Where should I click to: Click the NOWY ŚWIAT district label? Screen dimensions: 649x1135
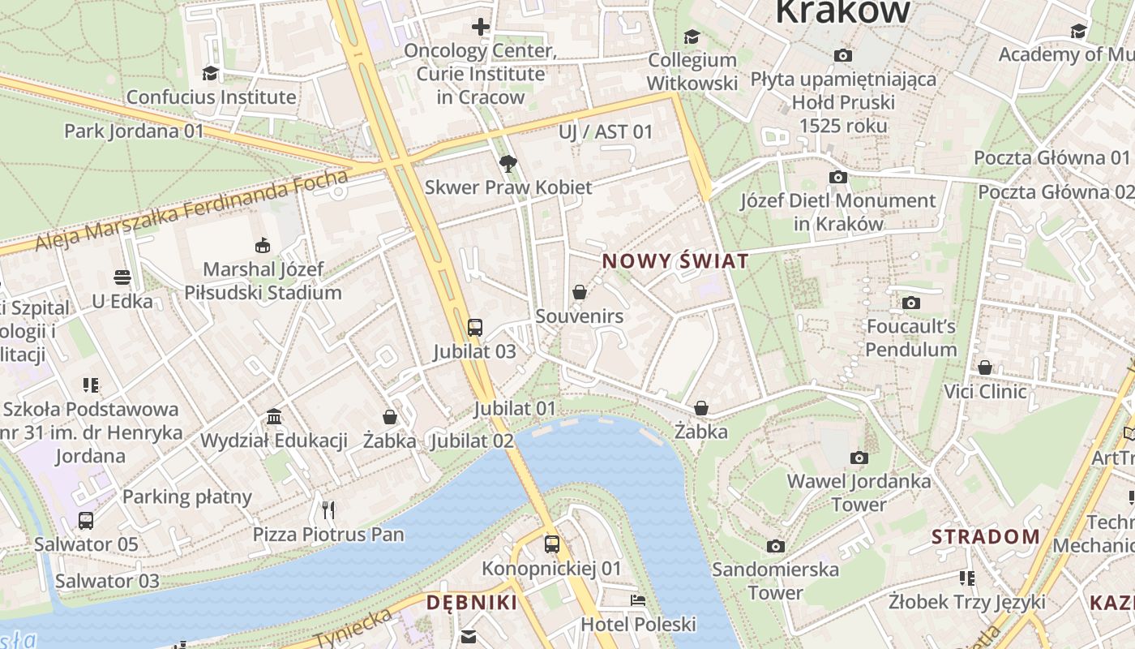tap(675, 261)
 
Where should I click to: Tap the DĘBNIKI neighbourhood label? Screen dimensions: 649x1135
tap(472, 602)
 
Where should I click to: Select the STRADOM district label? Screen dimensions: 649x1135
tap(985, 536)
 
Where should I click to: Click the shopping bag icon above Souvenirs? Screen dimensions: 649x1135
tap(580, 292)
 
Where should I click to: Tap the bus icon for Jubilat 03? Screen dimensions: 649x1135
tap(475, 328)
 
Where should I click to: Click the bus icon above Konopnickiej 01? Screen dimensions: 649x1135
tap(552, 544)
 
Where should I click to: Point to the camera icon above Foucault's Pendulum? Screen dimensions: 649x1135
tap(911, 303)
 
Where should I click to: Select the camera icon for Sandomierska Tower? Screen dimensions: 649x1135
tap(776, 546)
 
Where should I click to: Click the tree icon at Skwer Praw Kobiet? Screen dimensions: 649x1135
tap(508, 164)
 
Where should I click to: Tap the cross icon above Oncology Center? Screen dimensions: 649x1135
tap(481, 27)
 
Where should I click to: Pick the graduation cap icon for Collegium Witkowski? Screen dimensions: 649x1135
tap(692, 37)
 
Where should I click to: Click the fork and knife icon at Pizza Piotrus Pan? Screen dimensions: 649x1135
tap(328, 510)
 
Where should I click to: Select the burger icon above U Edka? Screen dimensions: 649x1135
tap(122, 277)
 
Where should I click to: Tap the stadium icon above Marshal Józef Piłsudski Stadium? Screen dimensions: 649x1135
tap(263, 245)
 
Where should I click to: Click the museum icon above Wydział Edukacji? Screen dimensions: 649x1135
tap(274, 417)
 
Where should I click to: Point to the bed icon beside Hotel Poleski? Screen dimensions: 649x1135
tap(639, 601)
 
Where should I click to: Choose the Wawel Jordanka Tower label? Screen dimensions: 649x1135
tap(859, 492)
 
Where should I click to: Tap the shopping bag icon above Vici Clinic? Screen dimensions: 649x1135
tap(985, 368)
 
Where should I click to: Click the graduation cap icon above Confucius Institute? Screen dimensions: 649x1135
tap(211, 73)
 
